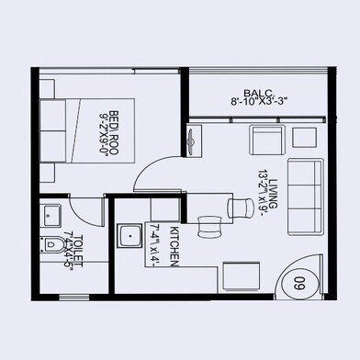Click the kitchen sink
[x=129, y=238]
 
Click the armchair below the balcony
[x=266, y=142]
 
